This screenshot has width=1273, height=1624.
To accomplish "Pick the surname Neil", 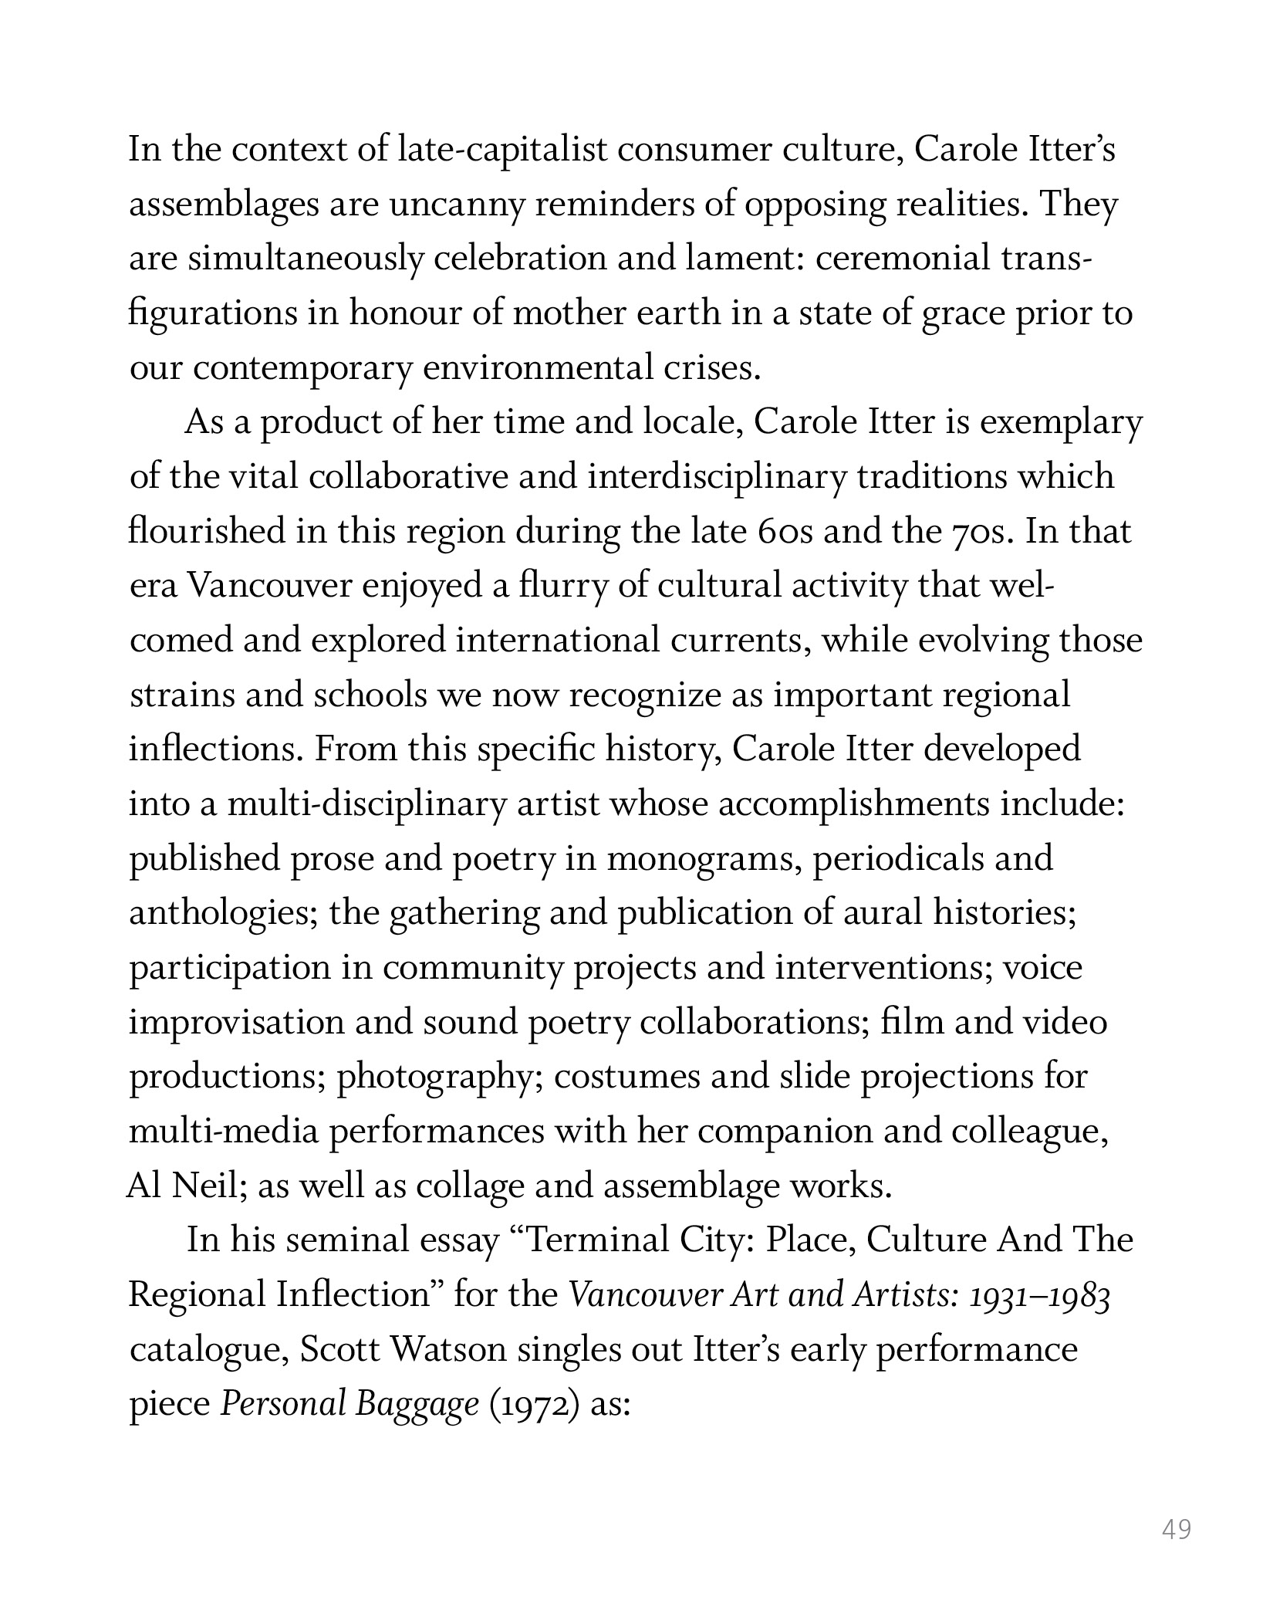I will [x=208, y=1186].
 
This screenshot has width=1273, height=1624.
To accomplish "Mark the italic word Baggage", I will [x=417, y=1404].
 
